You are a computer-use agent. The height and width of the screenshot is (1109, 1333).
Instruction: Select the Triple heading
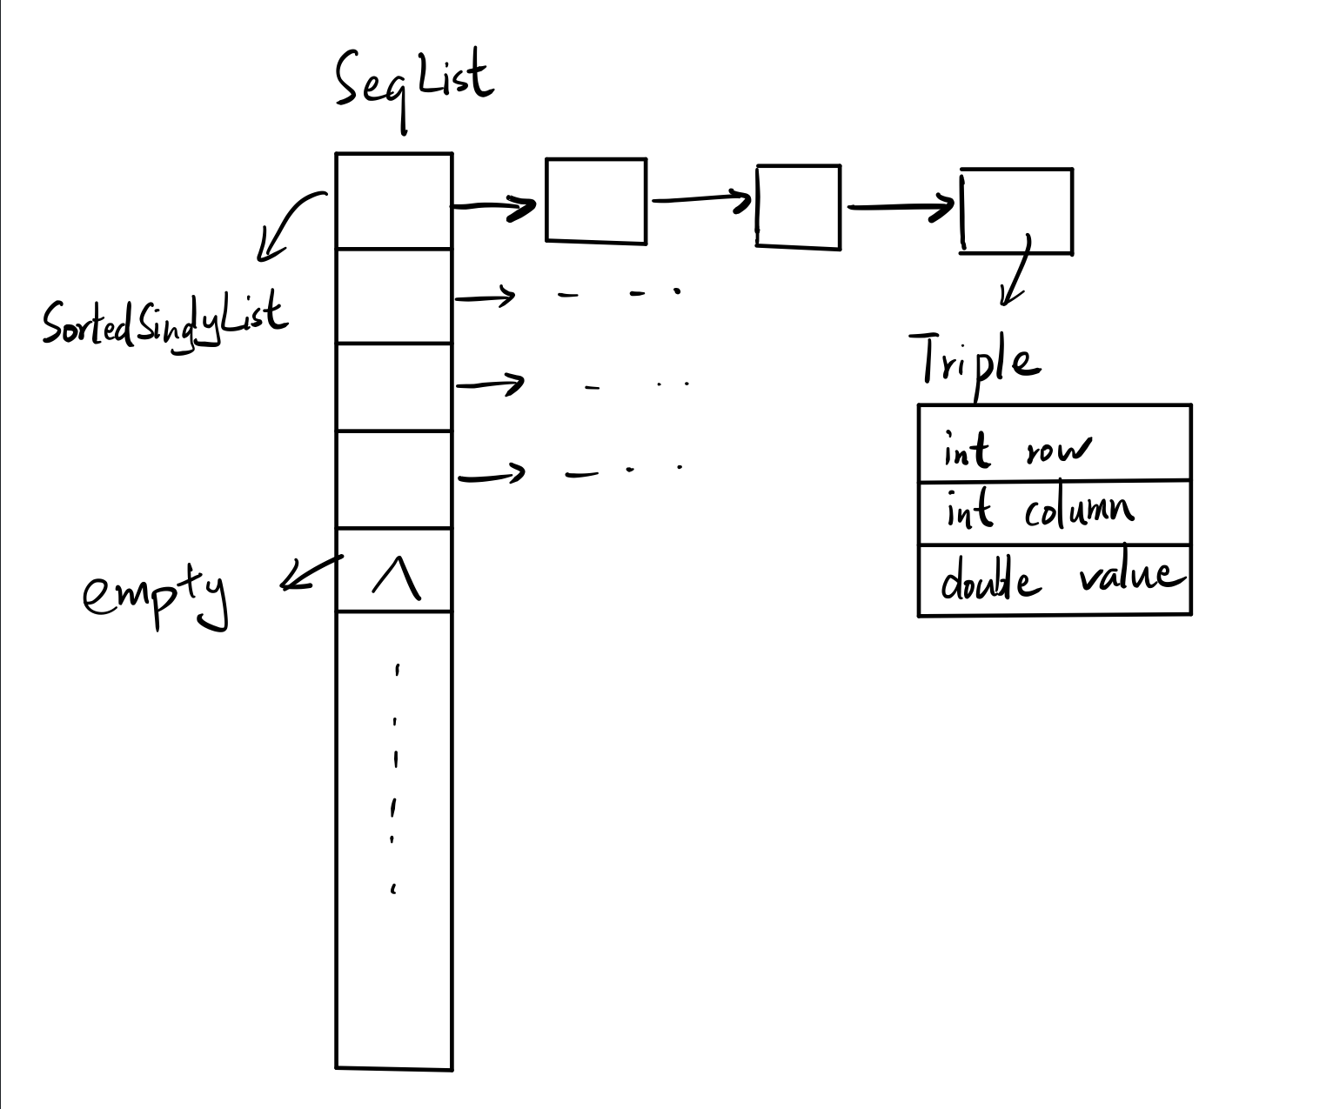975,361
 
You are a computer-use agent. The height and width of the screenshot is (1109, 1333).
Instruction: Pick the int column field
1040,511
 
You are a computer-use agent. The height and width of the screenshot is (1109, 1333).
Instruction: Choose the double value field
1062,579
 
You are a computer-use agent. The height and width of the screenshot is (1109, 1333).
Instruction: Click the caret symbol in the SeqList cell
395,578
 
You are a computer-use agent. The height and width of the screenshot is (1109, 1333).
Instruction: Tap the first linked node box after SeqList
596,201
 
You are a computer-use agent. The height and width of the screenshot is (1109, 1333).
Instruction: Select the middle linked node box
799,207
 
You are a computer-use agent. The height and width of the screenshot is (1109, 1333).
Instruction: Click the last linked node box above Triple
1016,210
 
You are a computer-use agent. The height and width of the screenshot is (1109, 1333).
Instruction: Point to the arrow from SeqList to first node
494,207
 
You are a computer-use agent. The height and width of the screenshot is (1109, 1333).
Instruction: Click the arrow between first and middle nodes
700,200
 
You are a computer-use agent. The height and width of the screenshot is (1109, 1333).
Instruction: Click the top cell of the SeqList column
394,201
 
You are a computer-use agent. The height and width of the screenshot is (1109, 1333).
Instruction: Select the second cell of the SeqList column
394,296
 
